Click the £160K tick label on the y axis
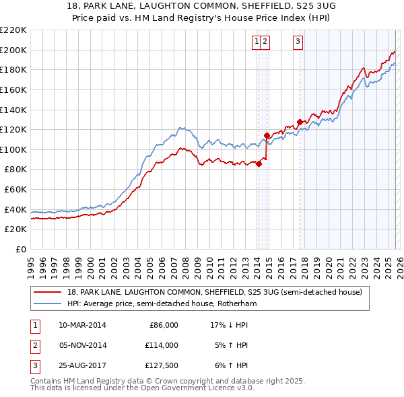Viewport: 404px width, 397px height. pyautogui.click(x=13, y=89)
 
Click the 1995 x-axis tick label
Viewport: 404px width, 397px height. pyautogui.click(x=31, y=262)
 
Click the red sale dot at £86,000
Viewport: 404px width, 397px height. pyautogui.click(x=259, y=164)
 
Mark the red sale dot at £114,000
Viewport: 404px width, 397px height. pyautogui.click(x=267, y=135)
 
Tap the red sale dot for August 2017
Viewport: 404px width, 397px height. pyautogui.click(x=300, y=122)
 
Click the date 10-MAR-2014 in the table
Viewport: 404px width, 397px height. pyautogui.click(x=82, y=324)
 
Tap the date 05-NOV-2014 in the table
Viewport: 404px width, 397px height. pyautogui.click(x=82, y=345)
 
